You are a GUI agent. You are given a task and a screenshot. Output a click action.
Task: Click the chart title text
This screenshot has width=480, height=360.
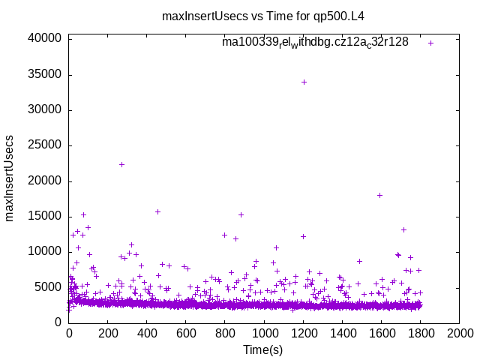coord(268,16)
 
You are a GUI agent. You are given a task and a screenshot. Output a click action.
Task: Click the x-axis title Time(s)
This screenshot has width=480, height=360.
coord(263,349)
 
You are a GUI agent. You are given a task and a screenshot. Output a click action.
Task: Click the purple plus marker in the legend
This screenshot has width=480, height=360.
coord(430,43)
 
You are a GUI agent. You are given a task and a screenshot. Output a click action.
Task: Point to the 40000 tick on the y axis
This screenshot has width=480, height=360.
coord(44,39)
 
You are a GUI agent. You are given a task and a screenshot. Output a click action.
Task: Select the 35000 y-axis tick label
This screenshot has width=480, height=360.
coord(44,74)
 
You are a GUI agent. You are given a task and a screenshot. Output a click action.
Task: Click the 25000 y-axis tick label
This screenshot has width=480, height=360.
coord(44,145)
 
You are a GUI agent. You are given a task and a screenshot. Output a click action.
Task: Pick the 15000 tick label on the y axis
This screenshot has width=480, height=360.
coord(44,216)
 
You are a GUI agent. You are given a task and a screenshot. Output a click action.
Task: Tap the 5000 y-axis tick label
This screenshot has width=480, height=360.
coord(47,286)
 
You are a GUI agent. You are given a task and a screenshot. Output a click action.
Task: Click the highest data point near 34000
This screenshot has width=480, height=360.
coord(304,82)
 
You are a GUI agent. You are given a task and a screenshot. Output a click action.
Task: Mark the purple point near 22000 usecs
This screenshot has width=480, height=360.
coord(121,164)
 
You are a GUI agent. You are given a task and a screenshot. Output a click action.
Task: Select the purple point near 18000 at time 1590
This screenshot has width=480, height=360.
coord(379,195)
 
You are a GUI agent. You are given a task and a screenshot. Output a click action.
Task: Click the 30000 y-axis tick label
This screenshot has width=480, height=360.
coord(44,110)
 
